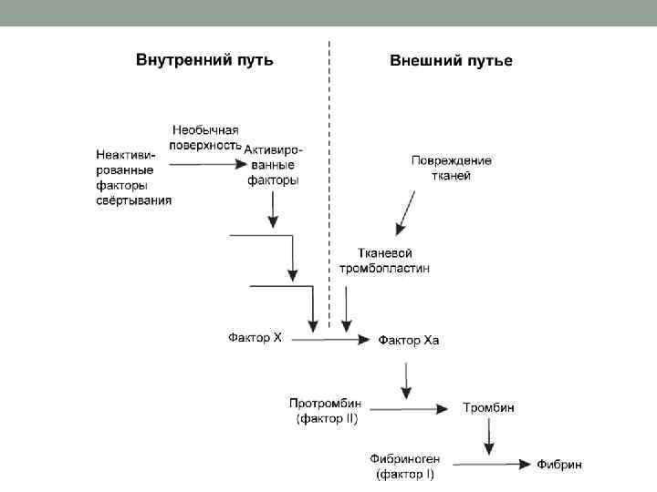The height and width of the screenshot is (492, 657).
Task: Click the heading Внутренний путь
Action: coord(204,60)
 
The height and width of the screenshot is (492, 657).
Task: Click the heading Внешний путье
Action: coord(451,61)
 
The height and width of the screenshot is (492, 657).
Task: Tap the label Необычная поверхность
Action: coord(205,138)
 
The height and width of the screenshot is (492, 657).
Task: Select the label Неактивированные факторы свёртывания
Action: coord(133,176)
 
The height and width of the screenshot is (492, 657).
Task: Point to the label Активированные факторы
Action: coord(273,164)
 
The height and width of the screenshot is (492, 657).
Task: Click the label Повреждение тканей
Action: coord(451,168)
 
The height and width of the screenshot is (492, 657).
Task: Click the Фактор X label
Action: coord(255,337)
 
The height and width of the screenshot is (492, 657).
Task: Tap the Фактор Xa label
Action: coord(409,340)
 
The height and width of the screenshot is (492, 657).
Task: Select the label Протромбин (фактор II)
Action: coord(327,411)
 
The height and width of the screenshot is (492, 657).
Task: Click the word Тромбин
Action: coord(488,407)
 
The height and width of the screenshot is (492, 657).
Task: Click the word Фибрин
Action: coord(558,465)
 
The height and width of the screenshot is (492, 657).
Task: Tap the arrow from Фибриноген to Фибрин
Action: coord(484,464)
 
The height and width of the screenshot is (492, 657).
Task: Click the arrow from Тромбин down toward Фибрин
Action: coord(489,436)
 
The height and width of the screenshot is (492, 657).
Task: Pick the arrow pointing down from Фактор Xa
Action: coord(404,378)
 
